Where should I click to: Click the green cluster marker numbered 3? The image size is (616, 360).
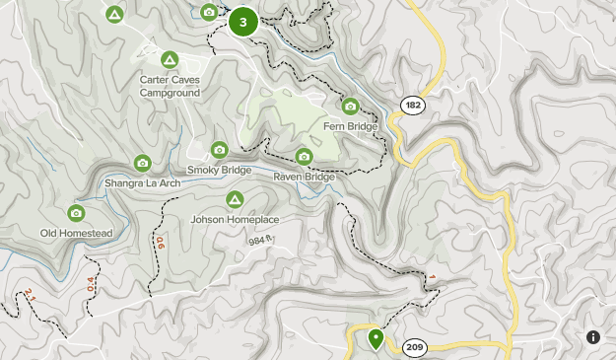pyautogui.click(x=242, y=22)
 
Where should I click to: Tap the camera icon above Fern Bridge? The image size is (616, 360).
pyautogui.click(x=349, y=107)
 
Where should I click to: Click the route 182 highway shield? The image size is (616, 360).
pyautogui.click(x=412, y=104)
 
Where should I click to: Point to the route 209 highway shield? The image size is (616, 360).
pyautogui.click(x=414, y=346)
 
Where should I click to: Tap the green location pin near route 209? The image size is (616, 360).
pyautogui.click(x=376, y=338)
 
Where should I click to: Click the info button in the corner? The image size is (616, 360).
pyautogui.click(x=593, y=337)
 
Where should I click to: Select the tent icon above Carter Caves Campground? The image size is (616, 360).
pyautogui.click(x=170, y=60)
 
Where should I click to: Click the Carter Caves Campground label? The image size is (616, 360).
pyautogui.click(x=170, y=86)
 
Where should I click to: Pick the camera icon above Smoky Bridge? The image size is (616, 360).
pyautogui.click(x=219, y=150)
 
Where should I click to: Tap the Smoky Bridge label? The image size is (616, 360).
pyautogui.click(x=219, y=170)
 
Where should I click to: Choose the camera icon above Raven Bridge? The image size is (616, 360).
pyautogui.click(x=305, y=156)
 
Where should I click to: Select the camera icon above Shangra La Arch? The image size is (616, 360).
pyautogui.click(x=142, y=163)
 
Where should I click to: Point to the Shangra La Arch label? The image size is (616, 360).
pyautogui.click(x=142, y=182)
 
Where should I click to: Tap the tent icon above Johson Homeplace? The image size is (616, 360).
pyautogui.click(x=235, y=199)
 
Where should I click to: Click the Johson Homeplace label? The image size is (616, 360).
pyautogui.click(x=235, y=219)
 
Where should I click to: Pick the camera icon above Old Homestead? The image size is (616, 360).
pyautogui.click(x=76, y=213)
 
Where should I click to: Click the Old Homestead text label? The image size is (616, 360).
pyautogui.click(x=76, y=233)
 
